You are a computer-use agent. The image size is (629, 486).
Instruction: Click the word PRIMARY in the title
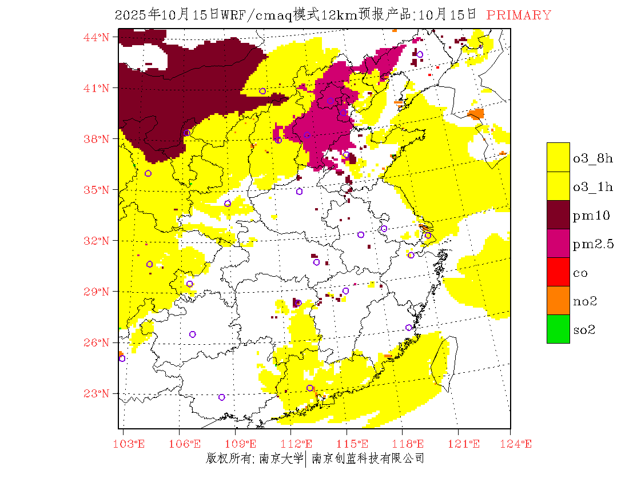519,15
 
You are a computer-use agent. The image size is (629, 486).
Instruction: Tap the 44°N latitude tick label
96,37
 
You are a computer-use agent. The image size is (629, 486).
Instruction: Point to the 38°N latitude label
96,139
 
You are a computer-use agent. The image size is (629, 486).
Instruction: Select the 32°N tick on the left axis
96,241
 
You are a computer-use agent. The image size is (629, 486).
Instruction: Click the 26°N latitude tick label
96,342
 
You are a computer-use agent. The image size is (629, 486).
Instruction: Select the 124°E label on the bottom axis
519,444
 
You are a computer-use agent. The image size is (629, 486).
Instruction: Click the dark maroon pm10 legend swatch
558,214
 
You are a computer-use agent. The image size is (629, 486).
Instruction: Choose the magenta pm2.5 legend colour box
558,243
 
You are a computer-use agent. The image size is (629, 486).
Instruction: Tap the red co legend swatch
558,272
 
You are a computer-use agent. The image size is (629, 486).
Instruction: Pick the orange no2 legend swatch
558,300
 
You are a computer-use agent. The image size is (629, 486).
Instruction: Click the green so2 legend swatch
558,329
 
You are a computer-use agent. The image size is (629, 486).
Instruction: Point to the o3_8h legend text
593,158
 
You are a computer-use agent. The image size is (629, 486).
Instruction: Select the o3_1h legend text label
593,187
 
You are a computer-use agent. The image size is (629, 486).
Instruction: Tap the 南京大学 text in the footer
281,459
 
